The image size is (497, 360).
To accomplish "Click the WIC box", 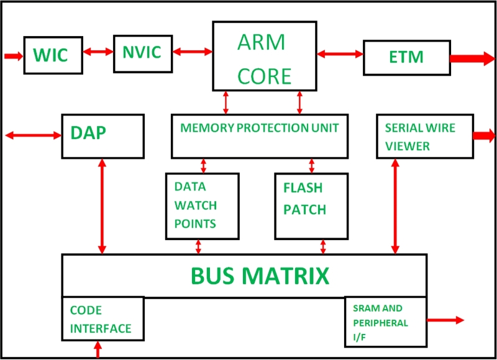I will coord(54,55).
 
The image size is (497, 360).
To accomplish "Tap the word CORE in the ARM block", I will coord(265,76).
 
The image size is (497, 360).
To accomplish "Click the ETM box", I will coord(406,58).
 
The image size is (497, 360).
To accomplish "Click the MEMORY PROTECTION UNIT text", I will coord(260,128).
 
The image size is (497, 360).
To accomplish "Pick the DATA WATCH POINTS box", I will coord(202,205).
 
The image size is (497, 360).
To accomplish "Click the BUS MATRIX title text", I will coord(259,276).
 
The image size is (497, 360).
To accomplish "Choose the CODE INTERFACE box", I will coord(103,319).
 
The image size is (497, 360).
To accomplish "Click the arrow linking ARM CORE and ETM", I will coord(340,54).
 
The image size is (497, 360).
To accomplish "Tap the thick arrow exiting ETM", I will coord(470,59).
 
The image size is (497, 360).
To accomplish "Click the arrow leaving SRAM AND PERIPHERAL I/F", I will coord(446,320).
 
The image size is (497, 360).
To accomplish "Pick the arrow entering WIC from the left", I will coord(13,56).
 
